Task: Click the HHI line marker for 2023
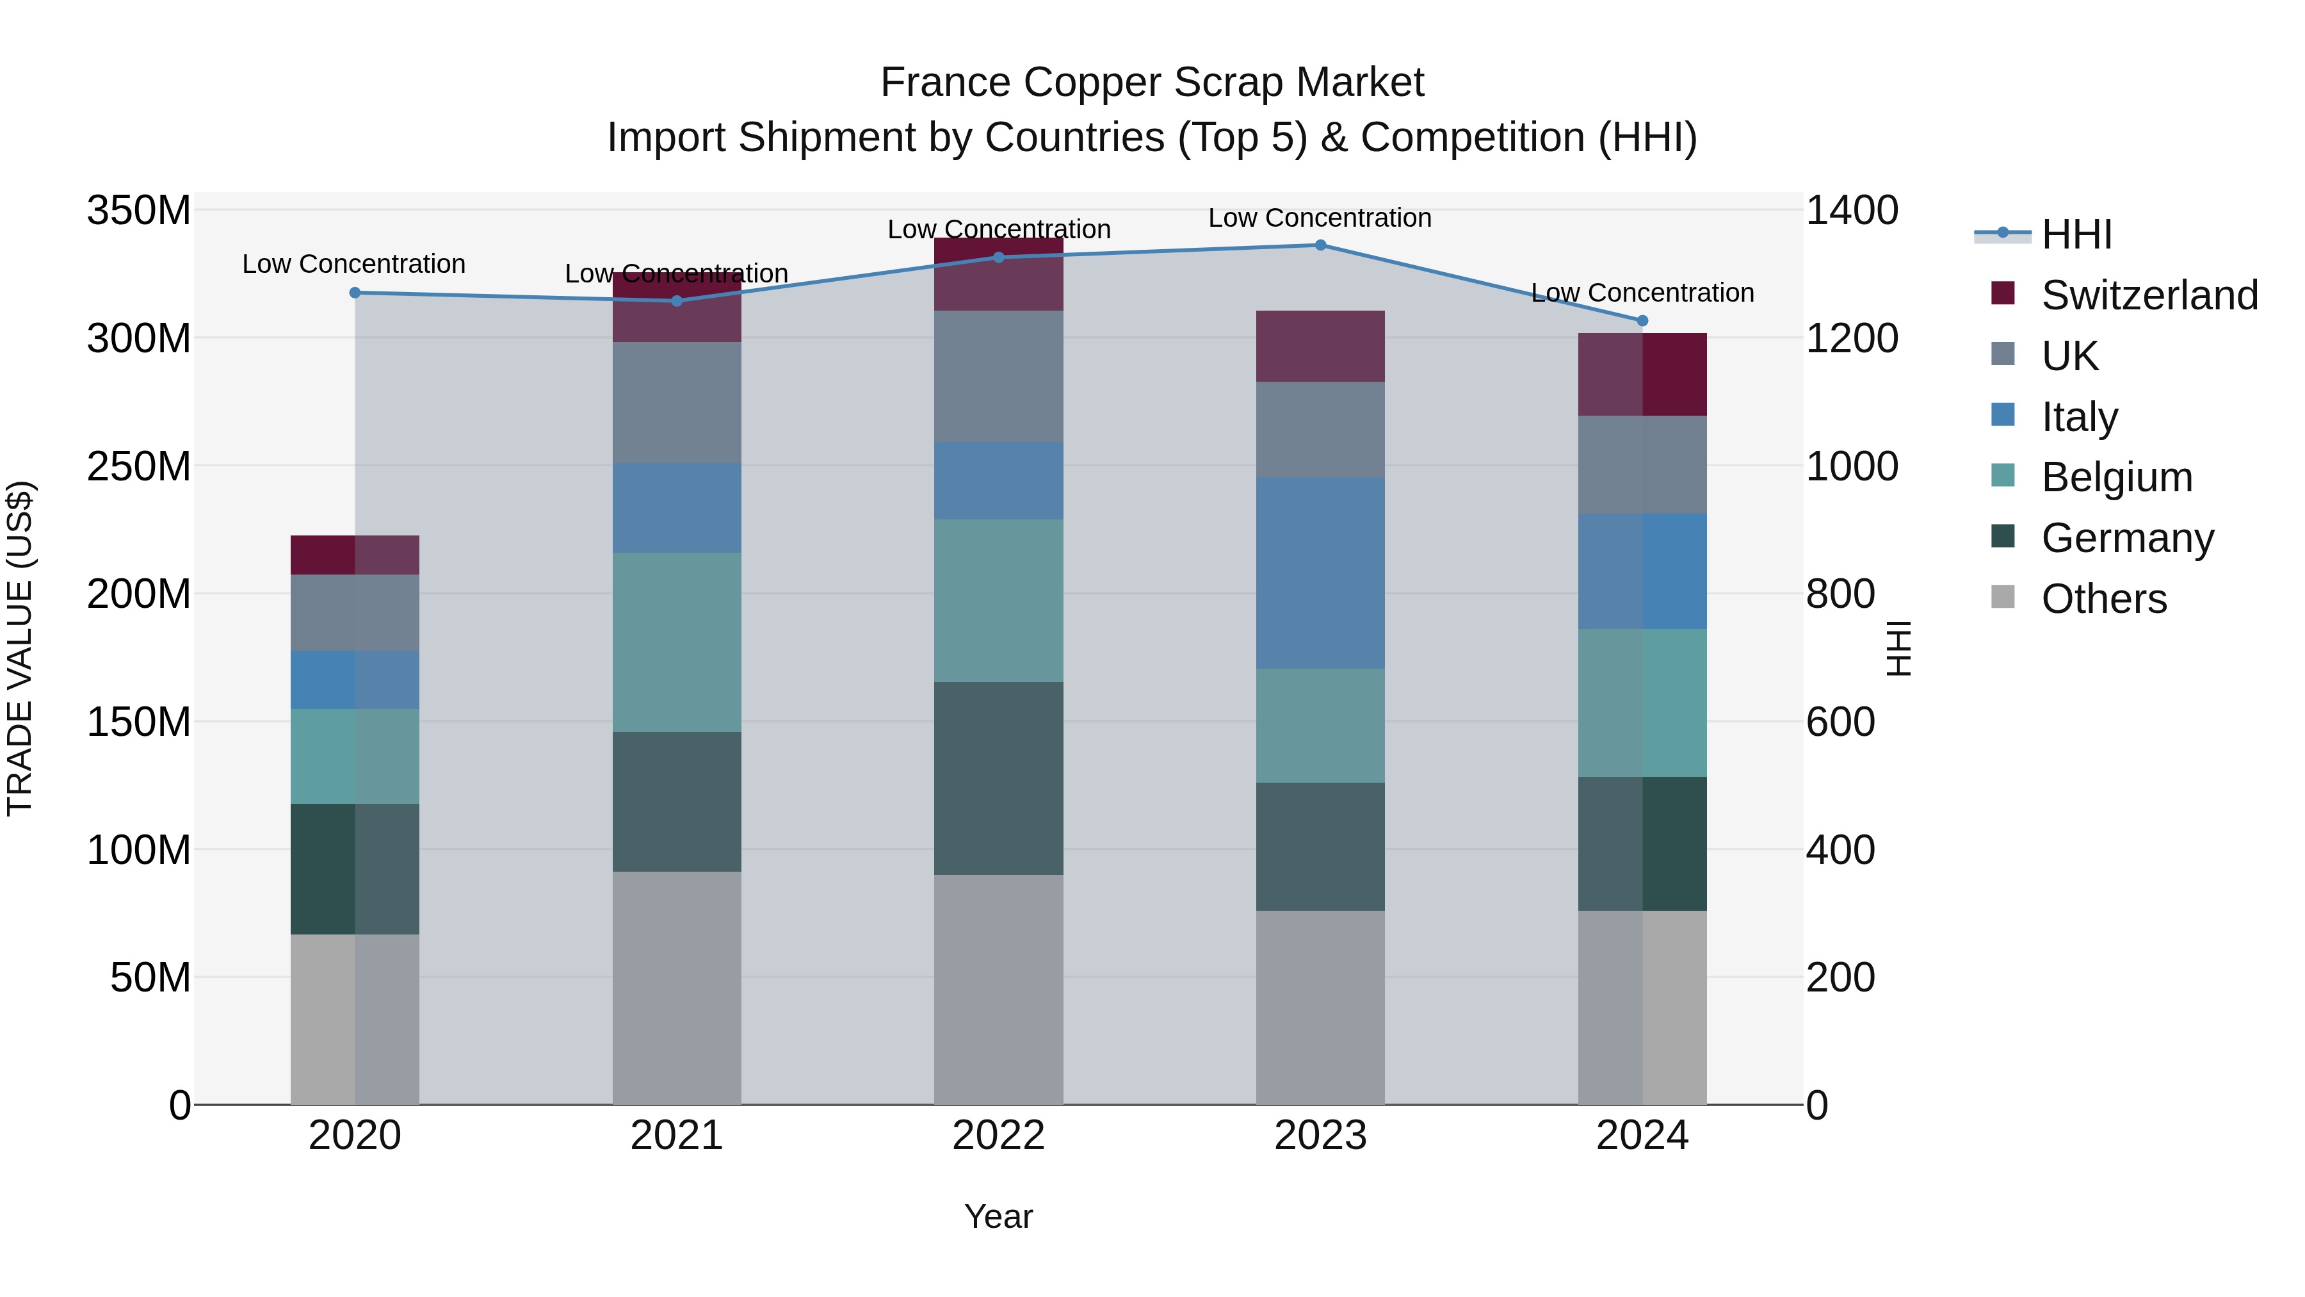click(x=1321, y=245)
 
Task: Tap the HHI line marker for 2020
click(x=355, y=293)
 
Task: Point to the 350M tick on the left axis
click(x=139, y=211)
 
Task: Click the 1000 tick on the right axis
click(x=1851, y=466)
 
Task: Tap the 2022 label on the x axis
click(x=999, y=1136)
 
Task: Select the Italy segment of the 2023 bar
click(x=1321, y=573)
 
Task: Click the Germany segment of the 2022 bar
click(x=999, y=779)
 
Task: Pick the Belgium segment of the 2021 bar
click(x=677, y=642)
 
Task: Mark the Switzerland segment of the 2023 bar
click(x=1321, y=347)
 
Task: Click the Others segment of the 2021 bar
click(x=677, y=988)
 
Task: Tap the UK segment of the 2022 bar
click(x=999, y=376)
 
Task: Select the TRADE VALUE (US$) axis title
click(x=20, y=648)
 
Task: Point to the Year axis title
click(x=999, y=1216)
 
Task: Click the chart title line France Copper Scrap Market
click(x=1152, y=83)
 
